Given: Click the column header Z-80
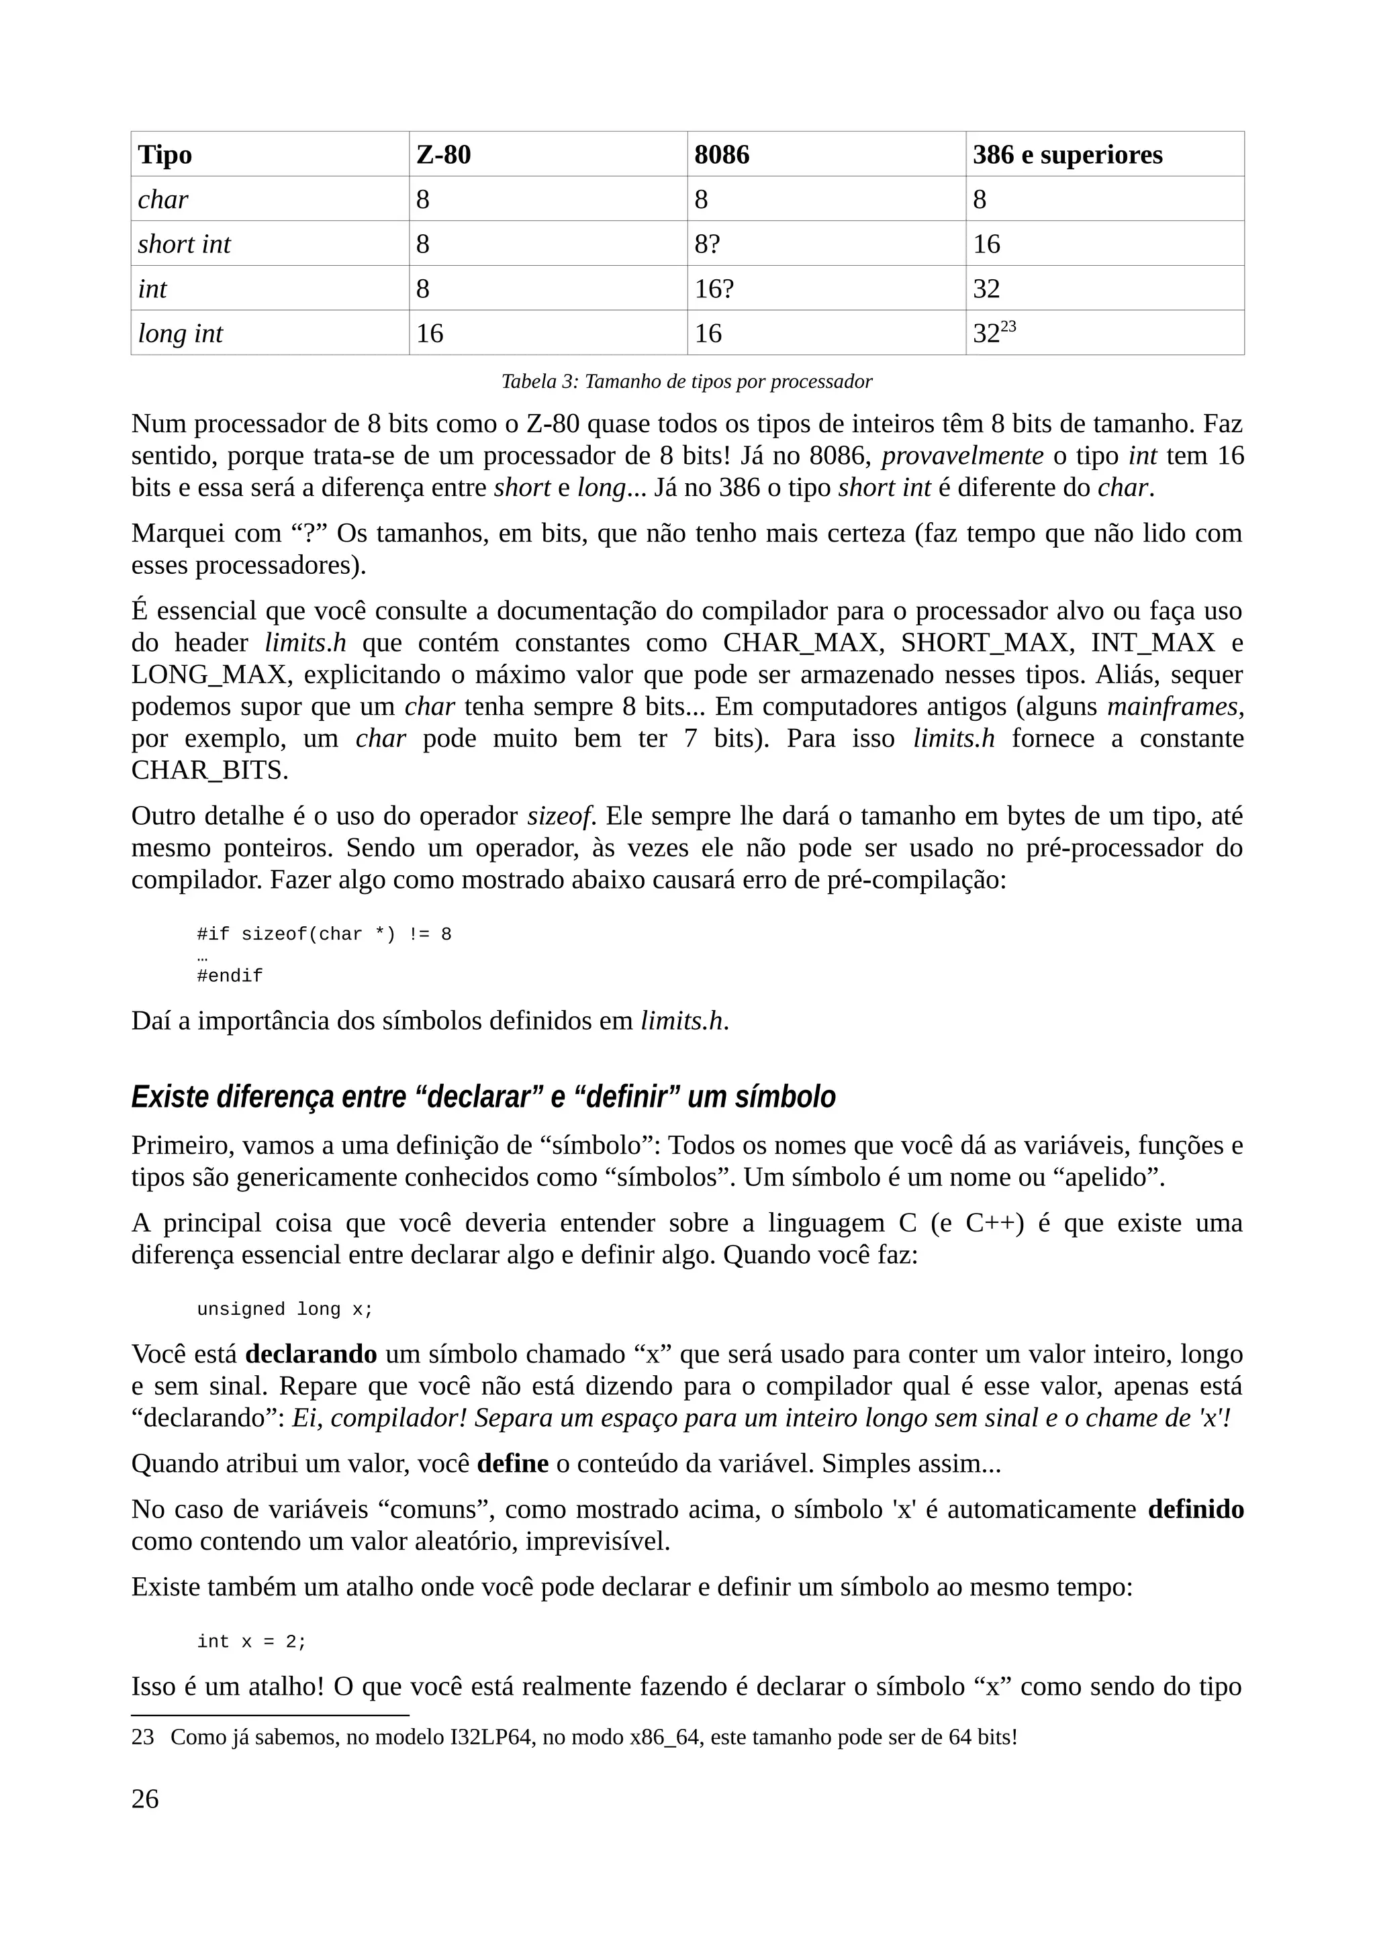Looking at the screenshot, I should (443, 154).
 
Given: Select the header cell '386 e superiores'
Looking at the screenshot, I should (1067, 154).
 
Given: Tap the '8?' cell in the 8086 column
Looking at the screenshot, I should (706, 244).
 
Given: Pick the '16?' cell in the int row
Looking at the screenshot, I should (713, 289).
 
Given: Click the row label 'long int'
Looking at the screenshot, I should (181, 334).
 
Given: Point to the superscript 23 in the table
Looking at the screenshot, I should (1008, 327).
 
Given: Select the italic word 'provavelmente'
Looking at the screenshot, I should (962, 456).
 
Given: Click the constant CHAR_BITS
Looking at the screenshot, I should (209, 770).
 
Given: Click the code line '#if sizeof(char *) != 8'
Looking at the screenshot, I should (324, 934).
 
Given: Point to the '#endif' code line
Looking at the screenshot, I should (230, 976).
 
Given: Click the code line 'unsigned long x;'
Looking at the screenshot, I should (285, 1309).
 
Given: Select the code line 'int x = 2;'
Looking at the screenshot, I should (252, 1642).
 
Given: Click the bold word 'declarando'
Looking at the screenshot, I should (311, 1354).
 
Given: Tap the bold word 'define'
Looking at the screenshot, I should (512, 1464).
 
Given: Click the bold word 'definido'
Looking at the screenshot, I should (1195, 1509).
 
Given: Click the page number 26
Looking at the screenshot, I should (145, 1799).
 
